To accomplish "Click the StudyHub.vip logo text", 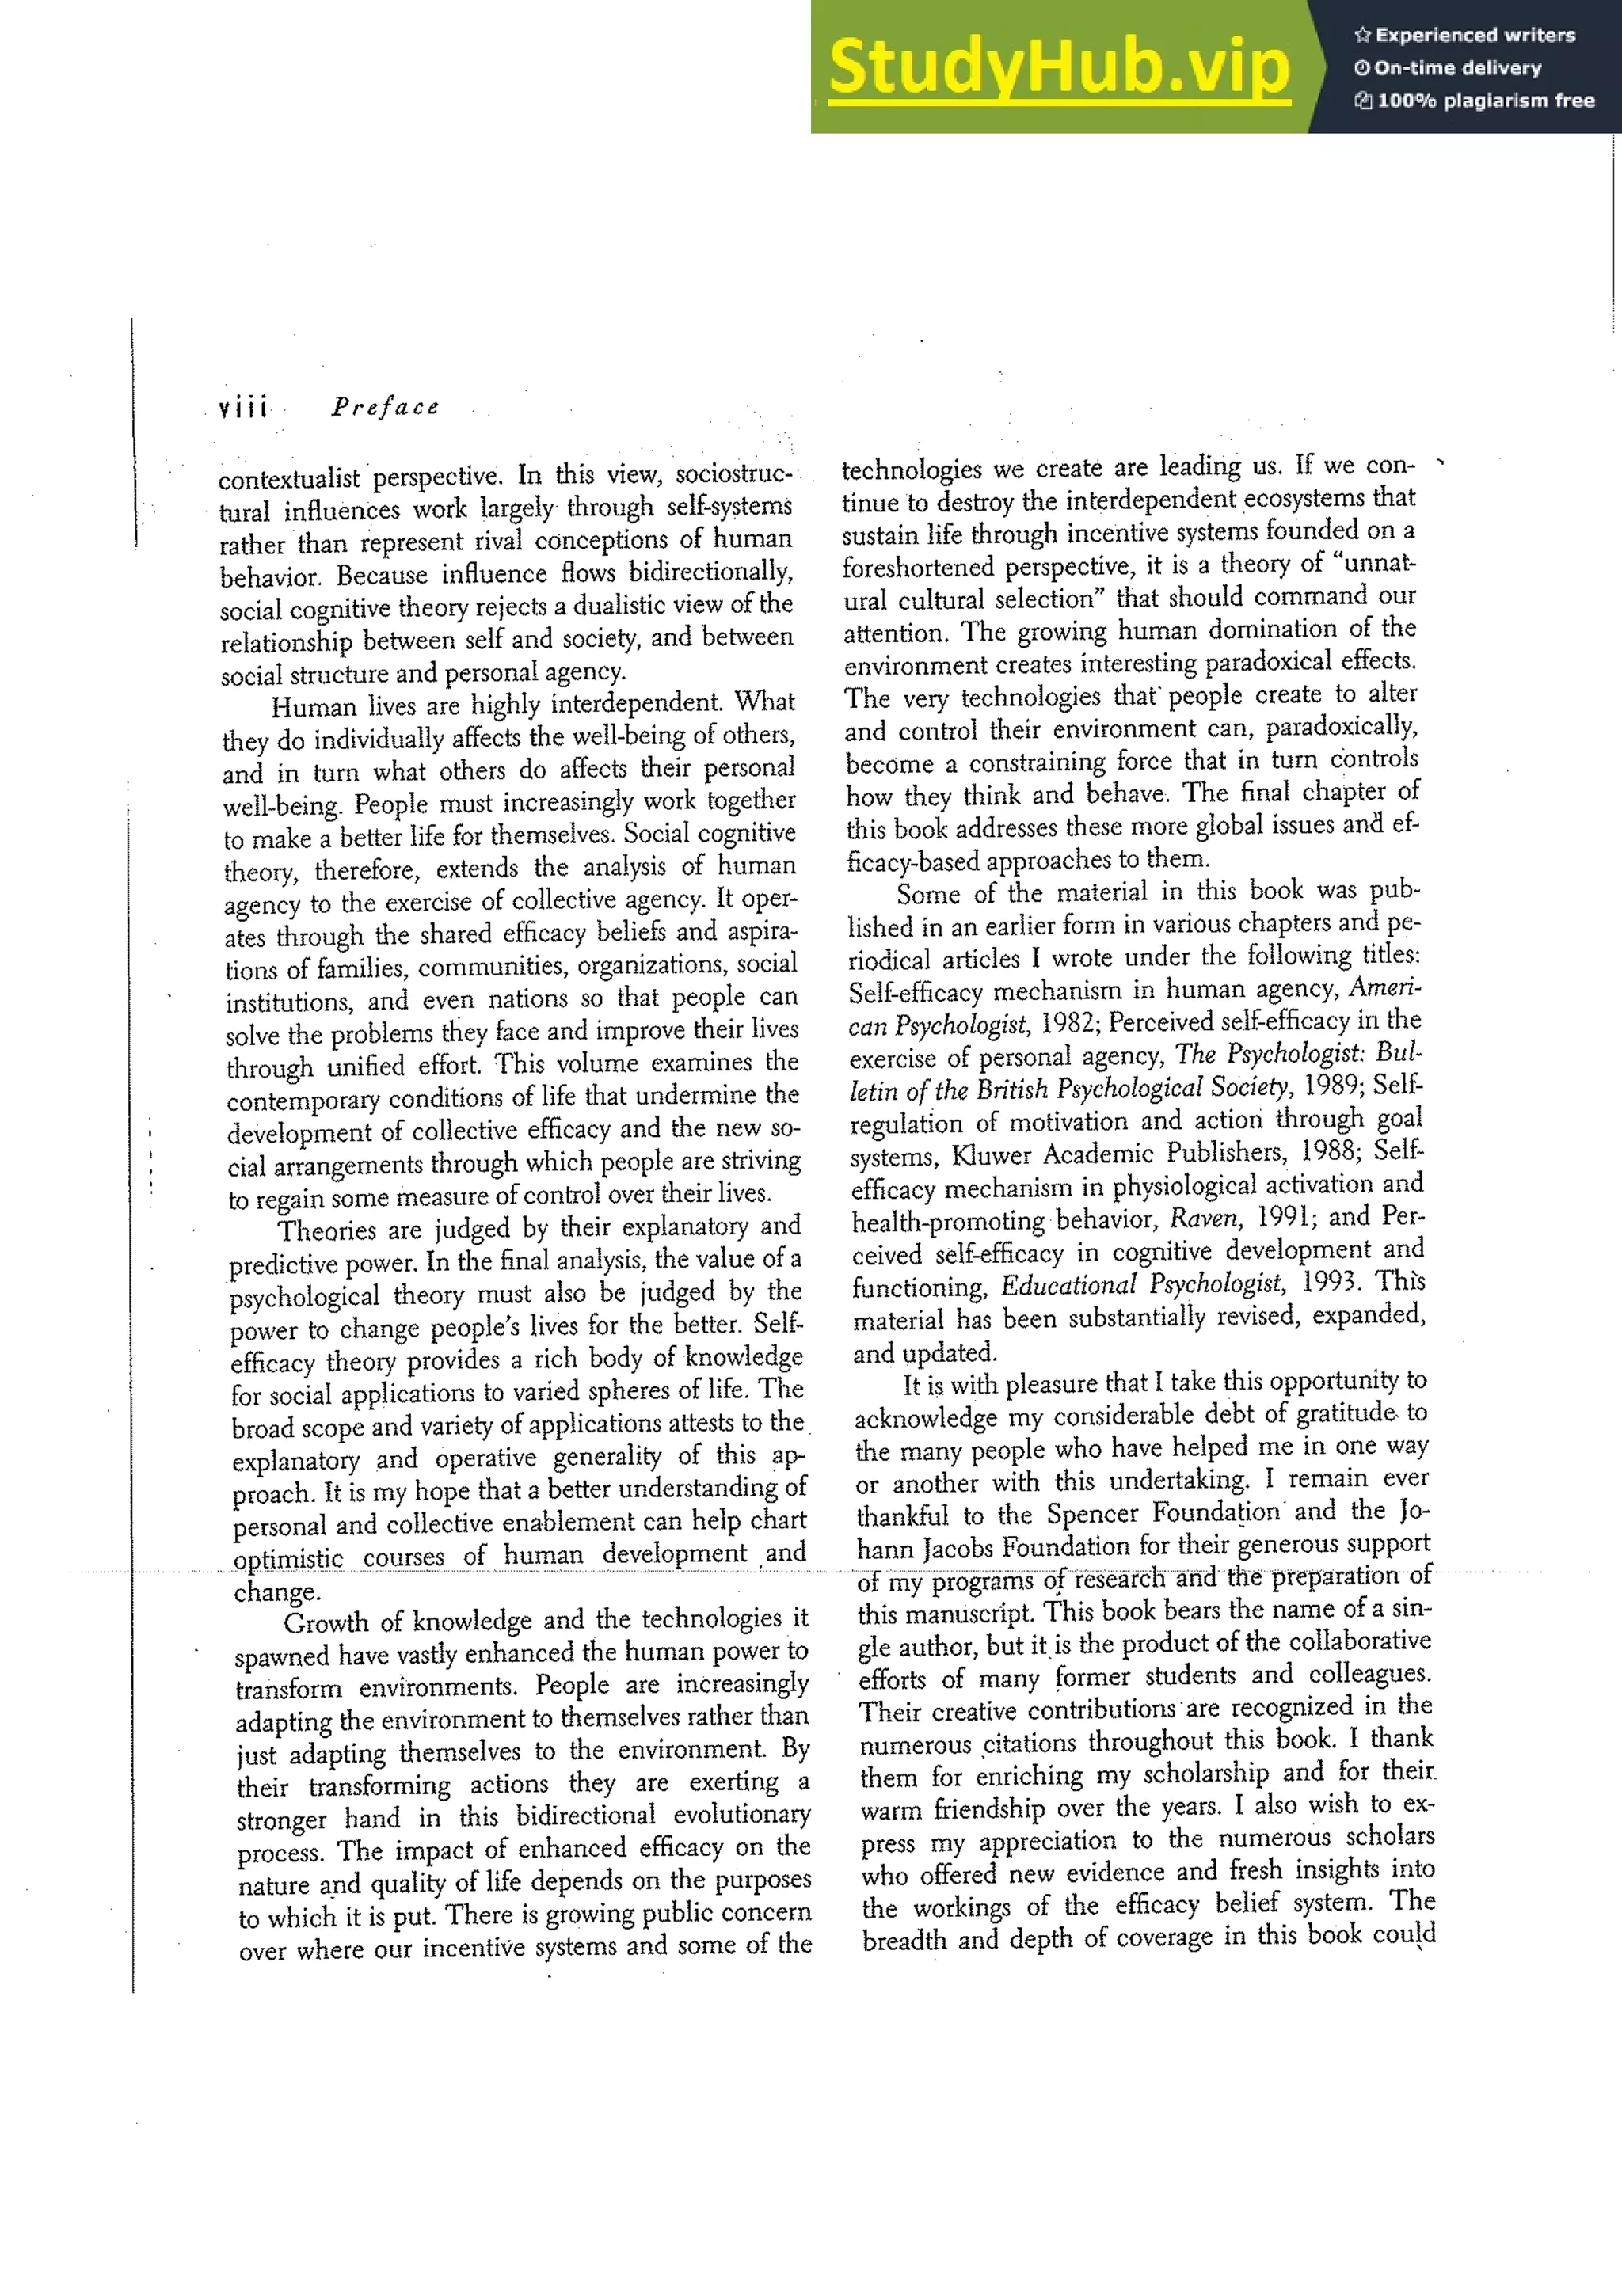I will click(x=1059, y=67).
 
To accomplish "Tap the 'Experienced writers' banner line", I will click(x=1464, y=35).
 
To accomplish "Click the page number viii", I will click(x=242, y=408).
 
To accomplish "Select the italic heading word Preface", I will click(x=386, y=406).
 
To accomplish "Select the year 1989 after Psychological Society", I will click(x=1331, y=1086).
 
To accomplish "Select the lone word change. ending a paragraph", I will click(x=276, y=1592).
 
